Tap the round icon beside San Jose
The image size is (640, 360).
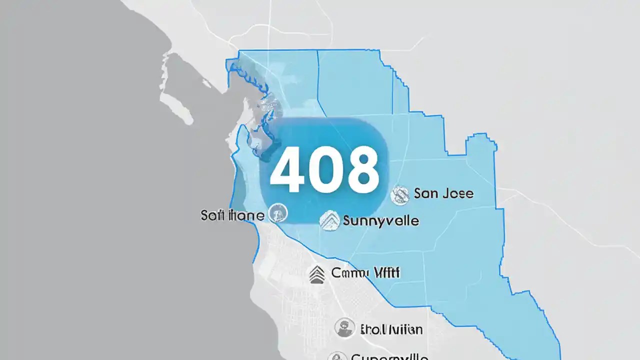(400, 195)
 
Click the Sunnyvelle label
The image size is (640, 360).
(380, 220)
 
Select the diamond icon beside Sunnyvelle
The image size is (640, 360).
(329, 220)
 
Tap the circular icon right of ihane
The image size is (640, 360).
(278, 213)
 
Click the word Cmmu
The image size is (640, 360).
(348, 273)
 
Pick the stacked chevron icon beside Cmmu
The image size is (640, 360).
(317, 274)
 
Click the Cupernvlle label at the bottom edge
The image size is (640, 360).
(389, 356)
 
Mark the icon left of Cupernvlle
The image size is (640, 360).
(336, 357)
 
